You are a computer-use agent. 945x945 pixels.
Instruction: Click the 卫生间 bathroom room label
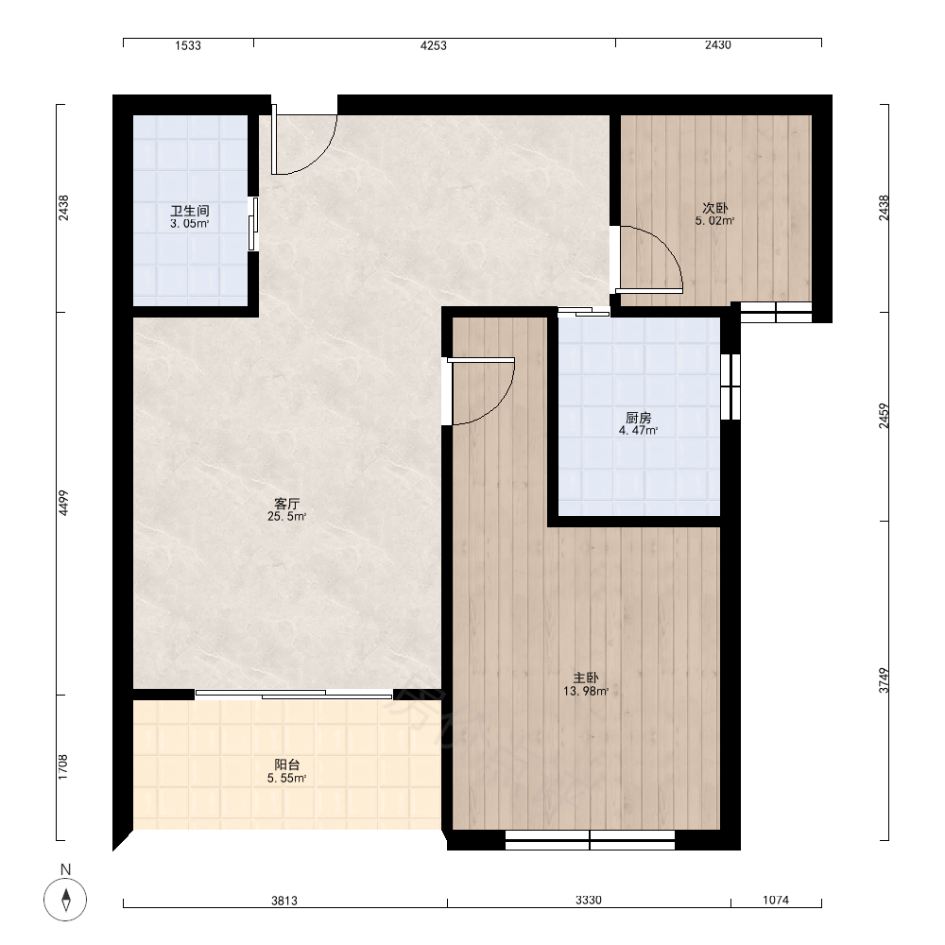click(190, 211)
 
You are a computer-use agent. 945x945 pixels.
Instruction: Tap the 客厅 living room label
click(287, 504)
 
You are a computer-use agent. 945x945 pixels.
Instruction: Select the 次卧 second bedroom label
click(715, 208)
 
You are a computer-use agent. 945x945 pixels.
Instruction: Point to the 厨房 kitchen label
click(638, 418)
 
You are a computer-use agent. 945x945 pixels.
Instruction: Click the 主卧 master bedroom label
click(586, 678)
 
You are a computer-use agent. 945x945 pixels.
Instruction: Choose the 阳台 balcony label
click(287, 765)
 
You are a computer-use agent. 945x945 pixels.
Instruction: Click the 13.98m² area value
click(586, 692)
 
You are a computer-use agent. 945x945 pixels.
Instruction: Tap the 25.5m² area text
click(287, 517)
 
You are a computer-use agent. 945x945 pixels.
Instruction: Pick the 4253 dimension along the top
click(434, 45)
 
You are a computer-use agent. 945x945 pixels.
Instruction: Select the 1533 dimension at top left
click(188, 45)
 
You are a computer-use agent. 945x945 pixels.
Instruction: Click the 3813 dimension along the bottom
click(283, 901)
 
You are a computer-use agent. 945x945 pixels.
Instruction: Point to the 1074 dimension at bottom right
click(776, 900)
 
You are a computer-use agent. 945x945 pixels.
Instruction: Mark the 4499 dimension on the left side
click(64, 503)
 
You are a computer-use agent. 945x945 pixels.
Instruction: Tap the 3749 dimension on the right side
click(884, 680)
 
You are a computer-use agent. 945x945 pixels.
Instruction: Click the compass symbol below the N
click(65, 900)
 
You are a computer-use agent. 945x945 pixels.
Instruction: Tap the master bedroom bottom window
click(590, 839)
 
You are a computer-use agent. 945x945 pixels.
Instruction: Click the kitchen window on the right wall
click(730, 387)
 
